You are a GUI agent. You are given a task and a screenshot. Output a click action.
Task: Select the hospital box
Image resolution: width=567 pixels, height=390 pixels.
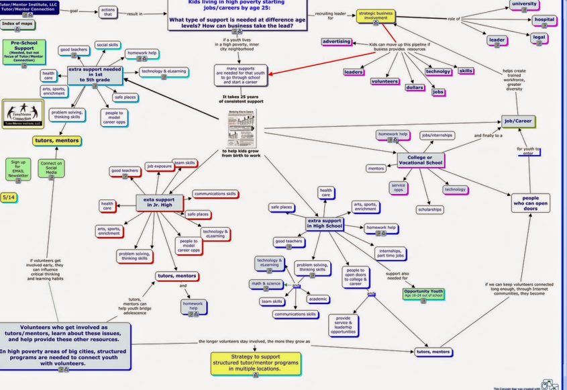pos(543,19)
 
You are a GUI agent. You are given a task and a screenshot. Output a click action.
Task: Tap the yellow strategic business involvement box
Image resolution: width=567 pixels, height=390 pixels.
pos(375,15)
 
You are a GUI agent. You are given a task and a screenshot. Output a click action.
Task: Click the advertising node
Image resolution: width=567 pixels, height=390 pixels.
pos(336,42)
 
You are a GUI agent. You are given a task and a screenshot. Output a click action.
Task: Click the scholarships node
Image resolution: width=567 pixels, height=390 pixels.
pos(430,209)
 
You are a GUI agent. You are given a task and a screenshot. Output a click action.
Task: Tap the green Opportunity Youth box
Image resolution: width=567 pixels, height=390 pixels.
pos(423,293)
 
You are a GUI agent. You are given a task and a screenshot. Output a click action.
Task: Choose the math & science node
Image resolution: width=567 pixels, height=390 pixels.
pos(266,284)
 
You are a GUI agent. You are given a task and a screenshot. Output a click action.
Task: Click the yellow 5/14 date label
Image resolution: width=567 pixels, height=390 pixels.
pos(9,197)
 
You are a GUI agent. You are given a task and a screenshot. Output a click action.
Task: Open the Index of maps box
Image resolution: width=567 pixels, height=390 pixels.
pos(18,25)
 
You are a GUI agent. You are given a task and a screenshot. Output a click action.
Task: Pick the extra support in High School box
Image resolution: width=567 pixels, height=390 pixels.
pos(325,223)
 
